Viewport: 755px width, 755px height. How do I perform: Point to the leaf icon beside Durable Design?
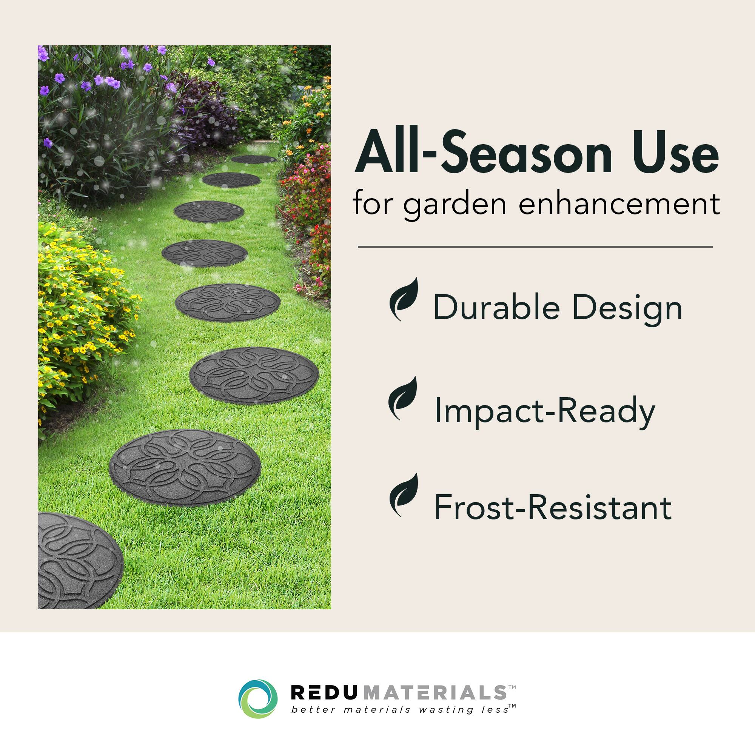coord(404,299)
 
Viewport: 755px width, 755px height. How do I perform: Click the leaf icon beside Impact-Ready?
coord(403,398)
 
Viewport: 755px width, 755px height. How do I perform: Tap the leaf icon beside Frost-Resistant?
coord(404,495)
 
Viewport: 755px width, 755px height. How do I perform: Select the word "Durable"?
coord(496,308)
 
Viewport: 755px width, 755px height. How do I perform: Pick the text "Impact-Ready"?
coord(544,410)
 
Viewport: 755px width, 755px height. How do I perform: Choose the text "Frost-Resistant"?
coord(553,507)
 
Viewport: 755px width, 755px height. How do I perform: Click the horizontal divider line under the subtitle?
coord(535,247)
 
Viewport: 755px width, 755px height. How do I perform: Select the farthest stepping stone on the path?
coord(253,159)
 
